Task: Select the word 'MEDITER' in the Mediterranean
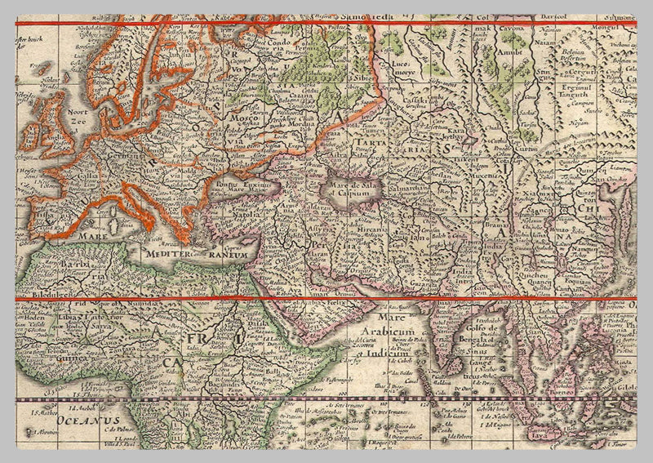point(167,253)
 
